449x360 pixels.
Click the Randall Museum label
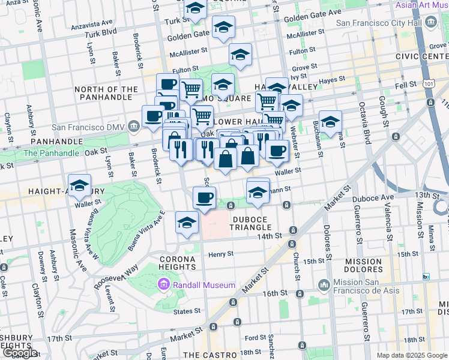point(203,285)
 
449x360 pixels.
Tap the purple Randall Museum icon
point(163,284)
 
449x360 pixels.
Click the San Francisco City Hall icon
point(431,23)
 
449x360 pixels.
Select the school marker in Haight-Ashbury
point(79,185)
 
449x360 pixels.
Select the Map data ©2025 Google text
point(411,355)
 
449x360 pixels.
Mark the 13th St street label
point(428,195)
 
